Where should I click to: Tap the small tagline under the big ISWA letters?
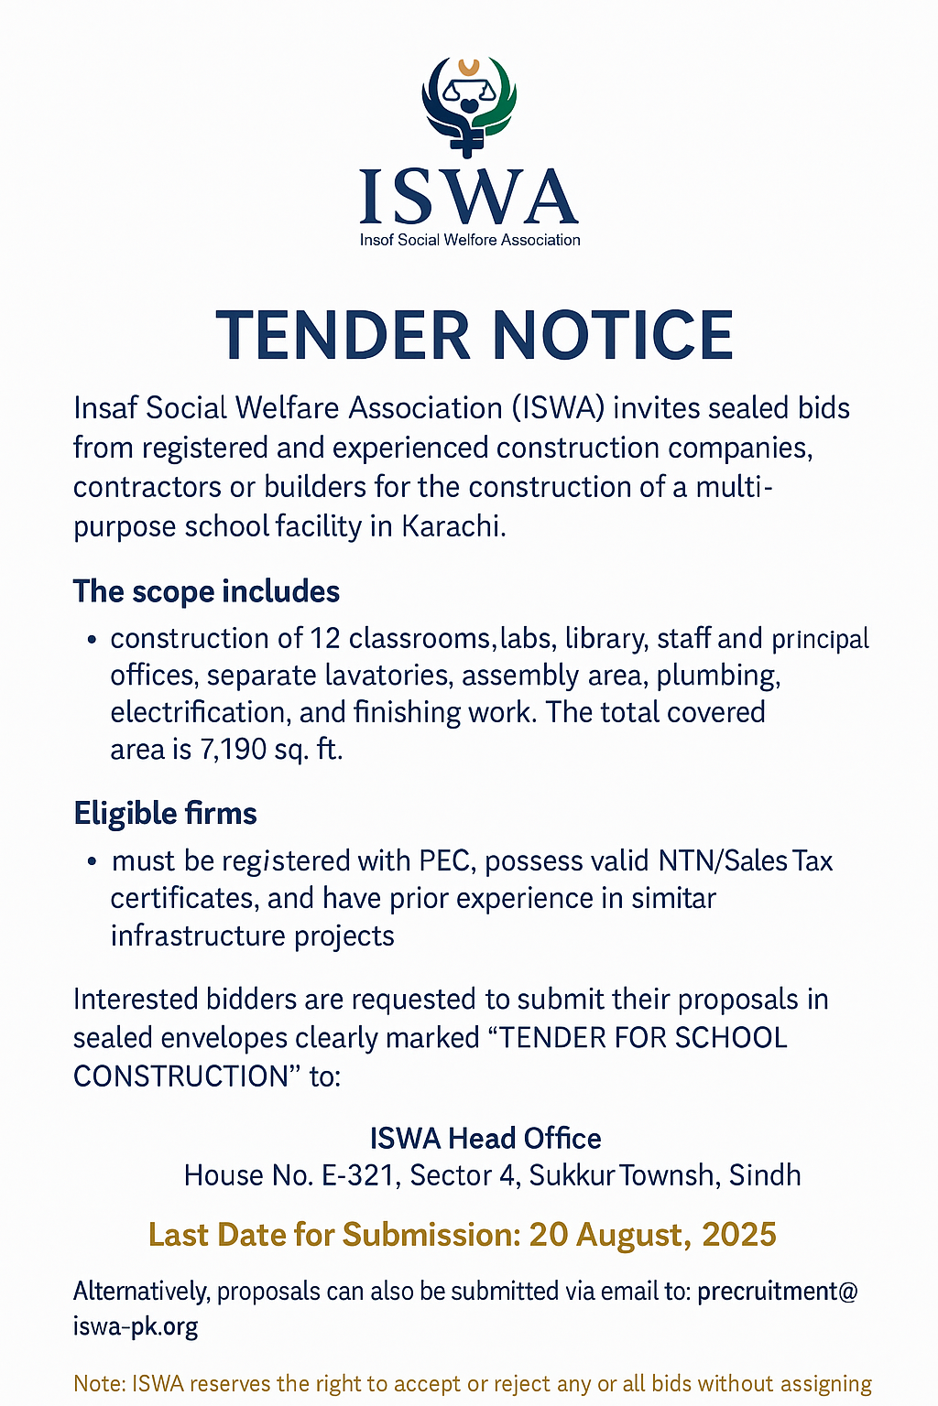(470, 240)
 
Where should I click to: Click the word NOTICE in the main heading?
(613, 335)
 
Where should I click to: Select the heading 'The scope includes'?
(206, 591)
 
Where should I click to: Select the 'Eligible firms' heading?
(165, 813)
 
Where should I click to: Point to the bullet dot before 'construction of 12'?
(92, 639)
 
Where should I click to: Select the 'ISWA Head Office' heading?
(485, 1138)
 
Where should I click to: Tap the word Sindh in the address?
(765, 1175)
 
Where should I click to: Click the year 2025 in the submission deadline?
(739, 1235)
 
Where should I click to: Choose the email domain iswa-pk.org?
(136, 1326)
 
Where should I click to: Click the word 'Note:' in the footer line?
(100, 1383)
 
